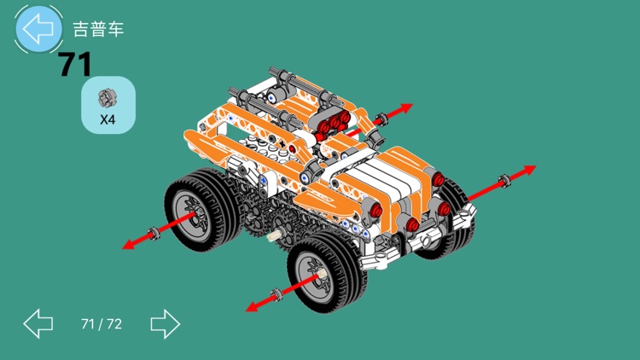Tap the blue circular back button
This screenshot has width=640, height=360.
pyautogui.click(x=38, y=28)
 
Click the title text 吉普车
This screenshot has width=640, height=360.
pyautogui.click(x=98, y=29)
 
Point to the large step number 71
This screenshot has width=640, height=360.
pyautogui.click(x=75, y=65)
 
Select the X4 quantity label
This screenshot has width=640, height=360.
pyautogui.click(x=108, y=119)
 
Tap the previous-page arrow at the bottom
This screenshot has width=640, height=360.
pyautogui.click(x=38, y=323)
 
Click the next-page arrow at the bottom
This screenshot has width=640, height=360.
pyautogui.click(x=165, y=323)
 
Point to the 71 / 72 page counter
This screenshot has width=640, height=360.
pyautogui.click(x=102, y=323)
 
